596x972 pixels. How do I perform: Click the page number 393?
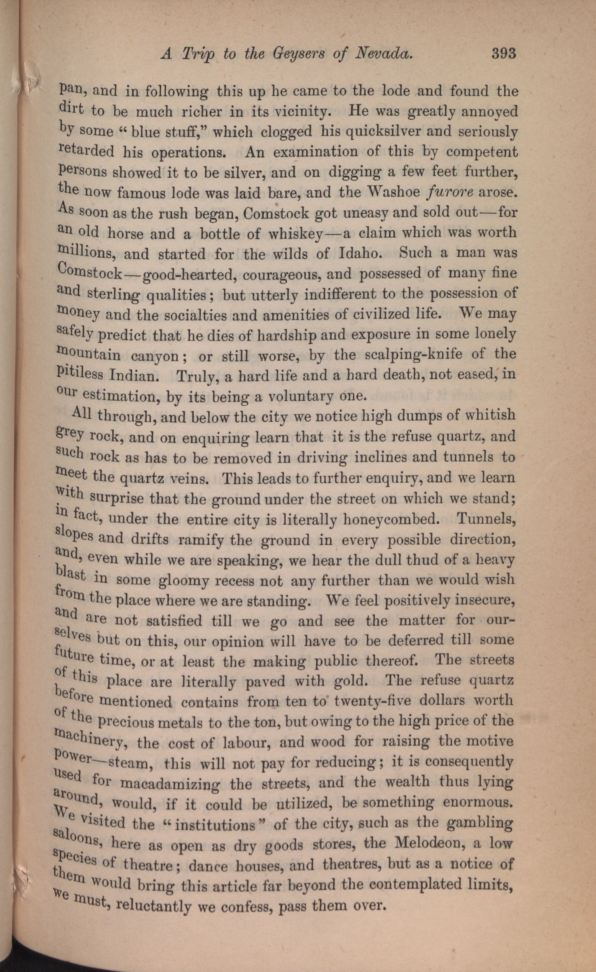[504, 53]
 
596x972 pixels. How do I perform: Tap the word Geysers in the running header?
[294, 54]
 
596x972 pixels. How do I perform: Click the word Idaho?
[360, 253]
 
